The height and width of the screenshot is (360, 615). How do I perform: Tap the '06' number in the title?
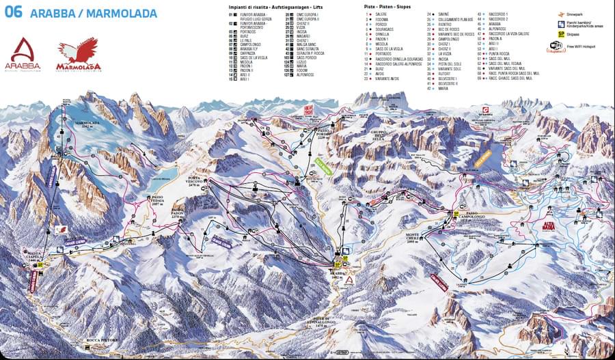[x=13, y=12]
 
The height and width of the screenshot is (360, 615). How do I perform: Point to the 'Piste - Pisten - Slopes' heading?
[x=389, y=5]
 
